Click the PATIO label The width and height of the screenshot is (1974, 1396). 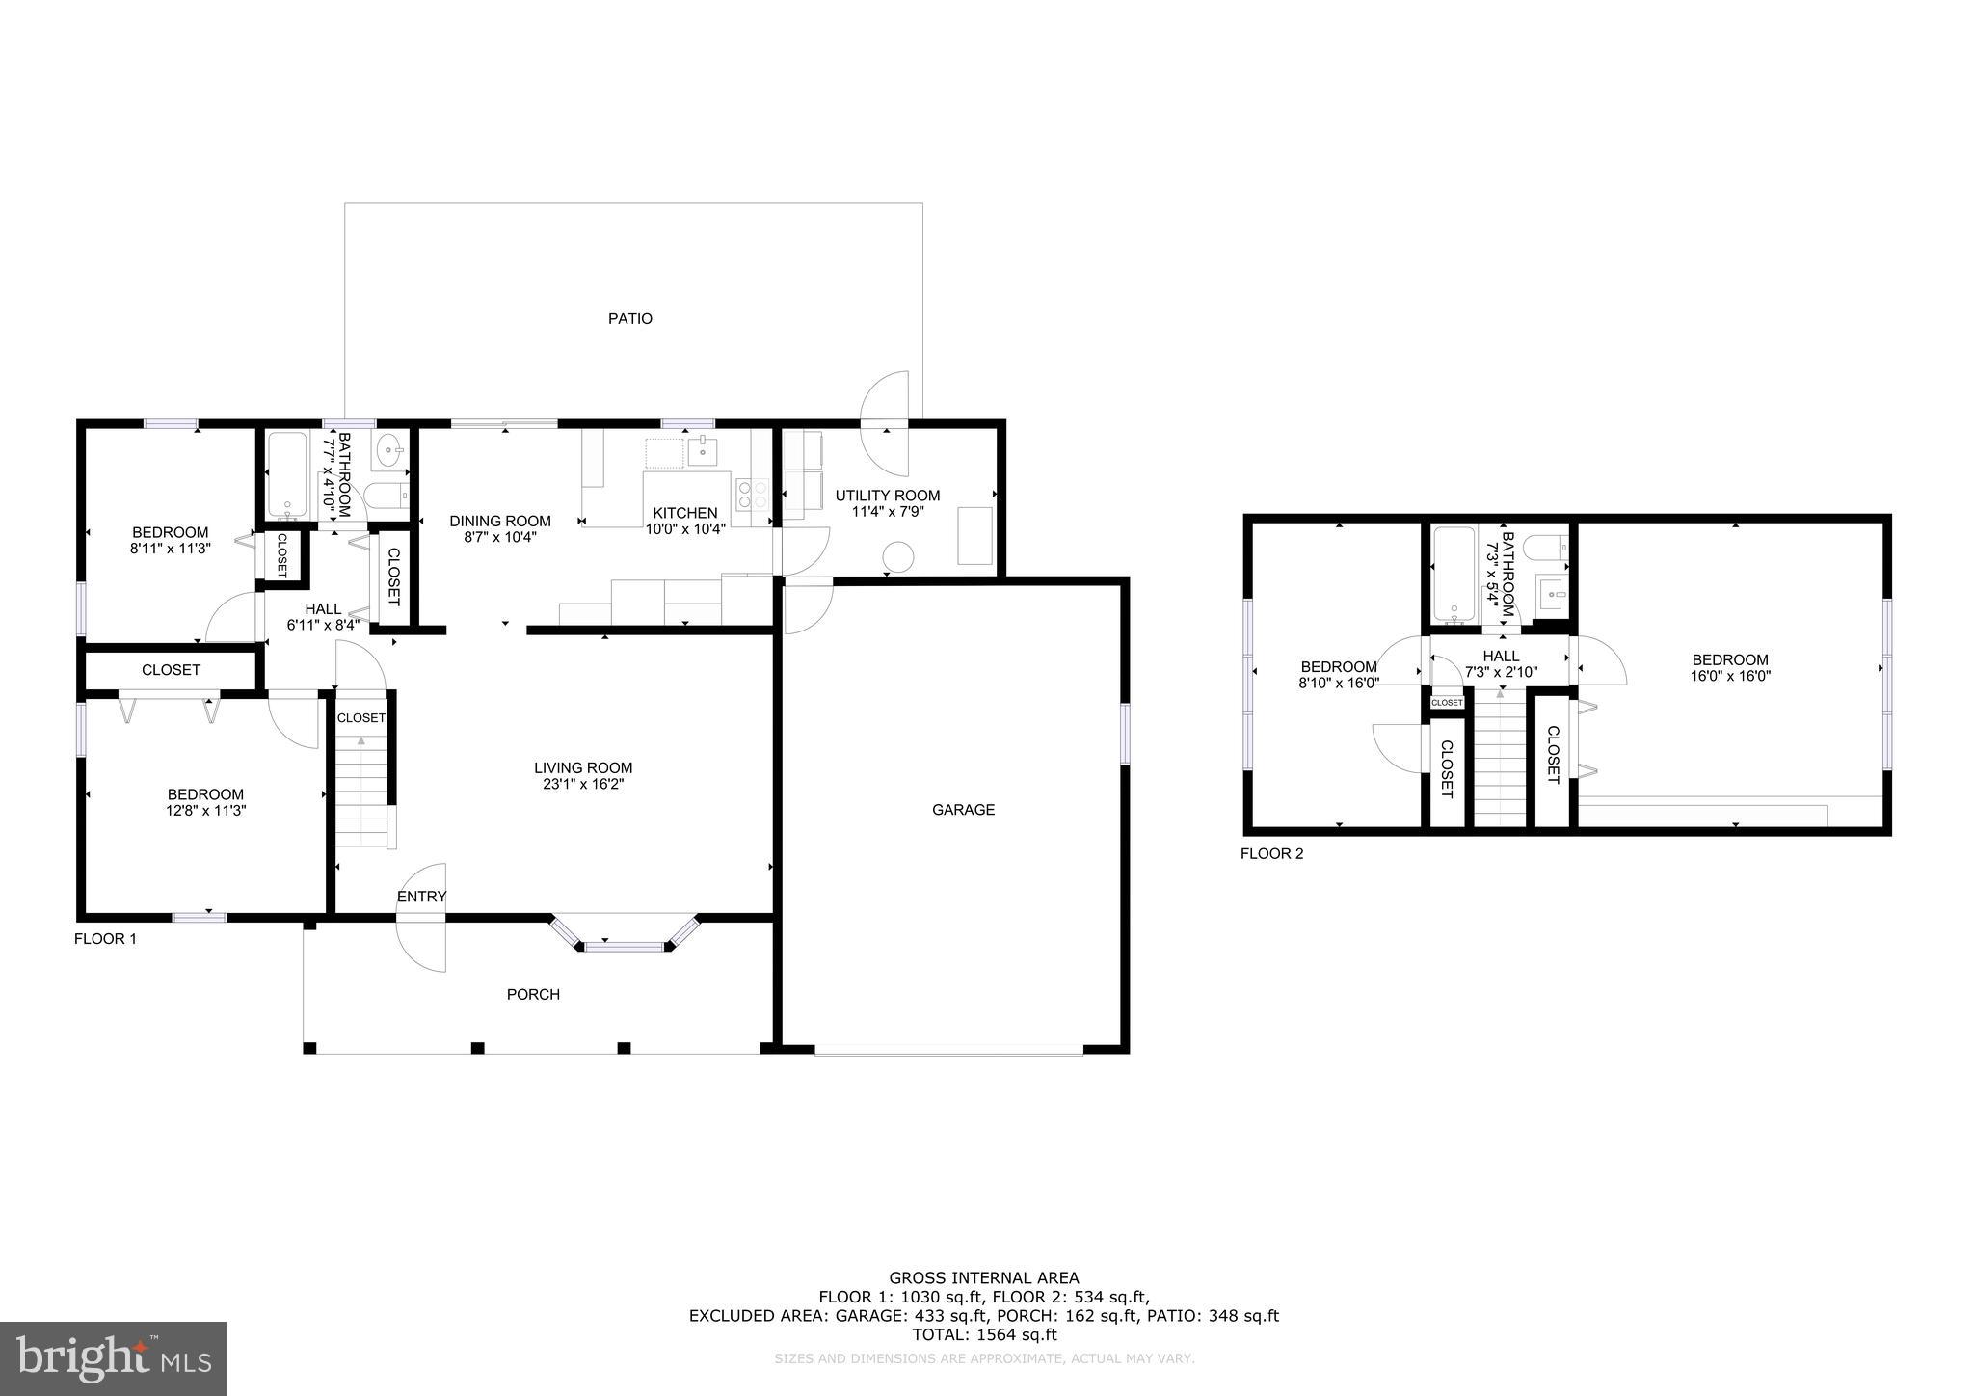pyautogui.click(x=629, y=318)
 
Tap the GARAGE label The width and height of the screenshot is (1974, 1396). pyautogui.click(x=963, y=810)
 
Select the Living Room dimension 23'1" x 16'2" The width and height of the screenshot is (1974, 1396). pyautogui.click(x=583, y=785)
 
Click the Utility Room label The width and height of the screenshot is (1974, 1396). pyautogui.click(x=887, y=496)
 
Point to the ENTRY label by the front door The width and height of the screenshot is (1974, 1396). pyautogui.click(x=421, y=897)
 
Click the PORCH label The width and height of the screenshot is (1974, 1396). pyautogui.click(x=533, y=994)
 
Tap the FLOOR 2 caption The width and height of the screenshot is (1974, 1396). pyautogui.click(x=1271, y=853)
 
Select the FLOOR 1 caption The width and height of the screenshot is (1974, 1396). pyautogui.click(x=105, y=938)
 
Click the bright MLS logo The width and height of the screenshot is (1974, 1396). pyautogui.click(x=113, y=1358)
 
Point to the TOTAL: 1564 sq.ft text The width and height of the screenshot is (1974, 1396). pyautogui.click(x=984, y=1335)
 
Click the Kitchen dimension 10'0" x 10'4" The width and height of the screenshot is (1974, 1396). pyautogui.click(x=684, y=528)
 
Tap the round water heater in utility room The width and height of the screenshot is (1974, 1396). pyautogui.click(x=899, y=556)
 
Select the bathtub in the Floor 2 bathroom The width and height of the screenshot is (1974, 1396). pyautogui.click(x=1453, y=574)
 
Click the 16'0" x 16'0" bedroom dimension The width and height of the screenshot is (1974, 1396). pyautogui.click(x=1730, y=676)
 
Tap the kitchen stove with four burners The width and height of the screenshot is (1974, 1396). pyautogui.click(x=752, y=495)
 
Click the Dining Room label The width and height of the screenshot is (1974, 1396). pyautogui.click(x=500, y=521)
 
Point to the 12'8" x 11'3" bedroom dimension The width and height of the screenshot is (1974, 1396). pyautogui.click(x=205, y=811)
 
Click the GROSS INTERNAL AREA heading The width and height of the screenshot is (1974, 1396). pyautogui.click(x=984, y=1278)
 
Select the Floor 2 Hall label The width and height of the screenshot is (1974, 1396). pyautogui.click(x=1501, y=656)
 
